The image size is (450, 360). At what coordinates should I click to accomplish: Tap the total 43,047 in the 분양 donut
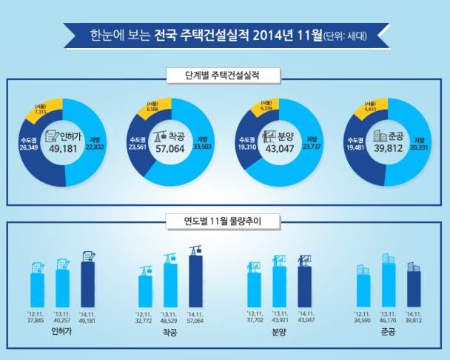280,148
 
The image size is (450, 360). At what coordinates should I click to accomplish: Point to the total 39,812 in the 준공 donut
387,148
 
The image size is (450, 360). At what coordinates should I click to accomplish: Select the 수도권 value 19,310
246,146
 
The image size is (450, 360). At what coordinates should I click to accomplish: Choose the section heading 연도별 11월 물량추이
224,221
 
